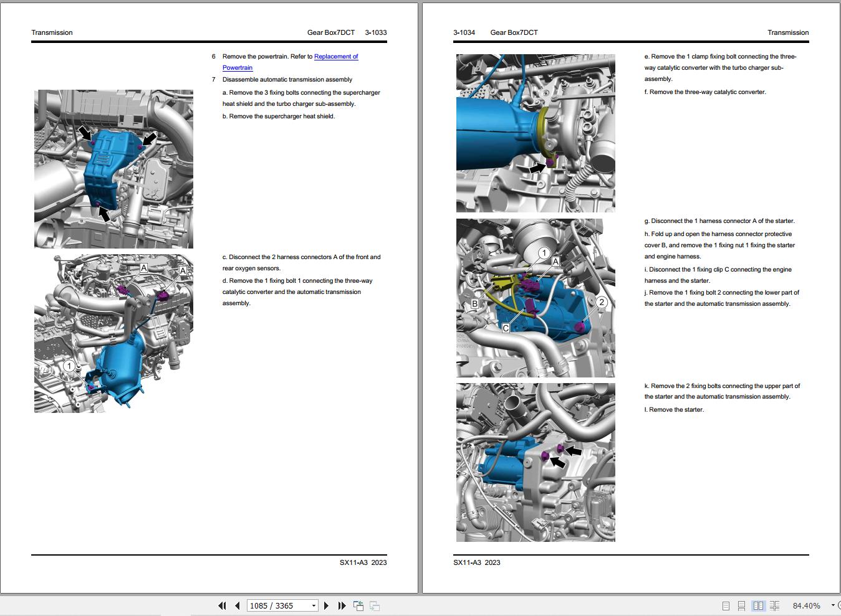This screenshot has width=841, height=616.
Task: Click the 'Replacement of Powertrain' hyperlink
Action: pyautogui.click(x=335, y=57)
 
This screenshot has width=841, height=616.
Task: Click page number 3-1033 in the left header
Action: pyautogui.click(x=375, y=32)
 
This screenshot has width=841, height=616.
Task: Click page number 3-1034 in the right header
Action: pyautogui.click(x=464, y=32)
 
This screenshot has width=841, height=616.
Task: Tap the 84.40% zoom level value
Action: pyautogui.click(x=806, y=605)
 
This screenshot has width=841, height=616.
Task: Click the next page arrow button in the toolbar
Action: pyautogui.click(x=326, y=605)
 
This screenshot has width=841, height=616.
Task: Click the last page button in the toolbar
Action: pyautogui.click(x=342, y=605)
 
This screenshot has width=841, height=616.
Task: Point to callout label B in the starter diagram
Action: pyautogui.click(x=474, y=304)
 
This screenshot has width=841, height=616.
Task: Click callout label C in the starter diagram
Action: pyautogui.click(x=506, y=328)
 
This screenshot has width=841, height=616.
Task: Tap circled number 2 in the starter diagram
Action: pyautogui.click(x=601, y=303)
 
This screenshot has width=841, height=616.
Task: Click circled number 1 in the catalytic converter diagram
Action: pyautogui.click(x=69, y=366)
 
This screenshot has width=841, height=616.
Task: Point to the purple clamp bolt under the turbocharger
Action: pyautogui.click(x=550, y=163)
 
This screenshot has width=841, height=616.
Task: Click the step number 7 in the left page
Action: pyautogui.click(x=213, y=80)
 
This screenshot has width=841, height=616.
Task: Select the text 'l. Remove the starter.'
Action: pyautogui.click(x=674, y=410)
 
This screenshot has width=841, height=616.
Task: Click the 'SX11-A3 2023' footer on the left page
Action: pyautogui.click(x=363, y=562)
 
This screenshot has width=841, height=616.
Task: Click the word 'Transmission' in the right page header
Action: pyautogui.click(x=788, y=32)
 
